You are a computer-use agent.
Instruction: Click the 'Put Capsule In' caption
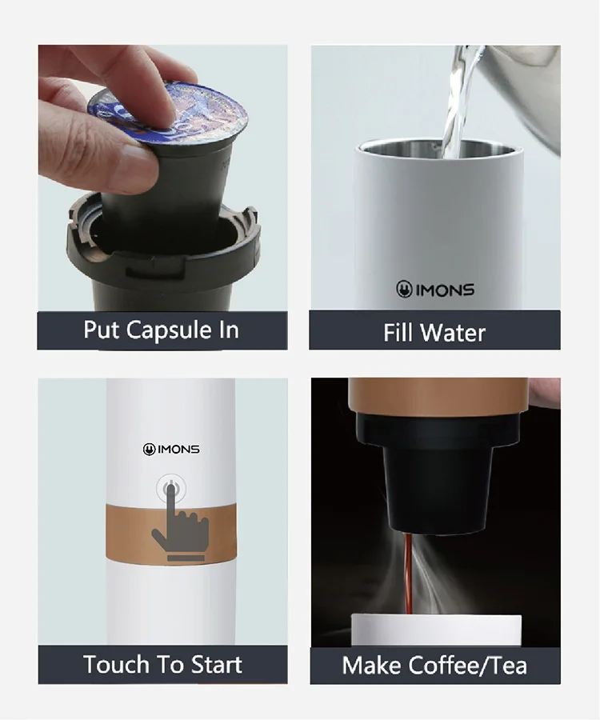click(x=162, y=330)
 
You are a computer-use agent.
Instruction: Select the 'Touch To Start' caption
click(x=162, y=664)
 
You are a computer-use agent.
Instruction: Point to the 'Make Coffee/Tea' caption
click(x=434, y=665)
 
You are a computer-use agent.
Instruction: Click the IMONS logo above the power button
click(x=171, y=450)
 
